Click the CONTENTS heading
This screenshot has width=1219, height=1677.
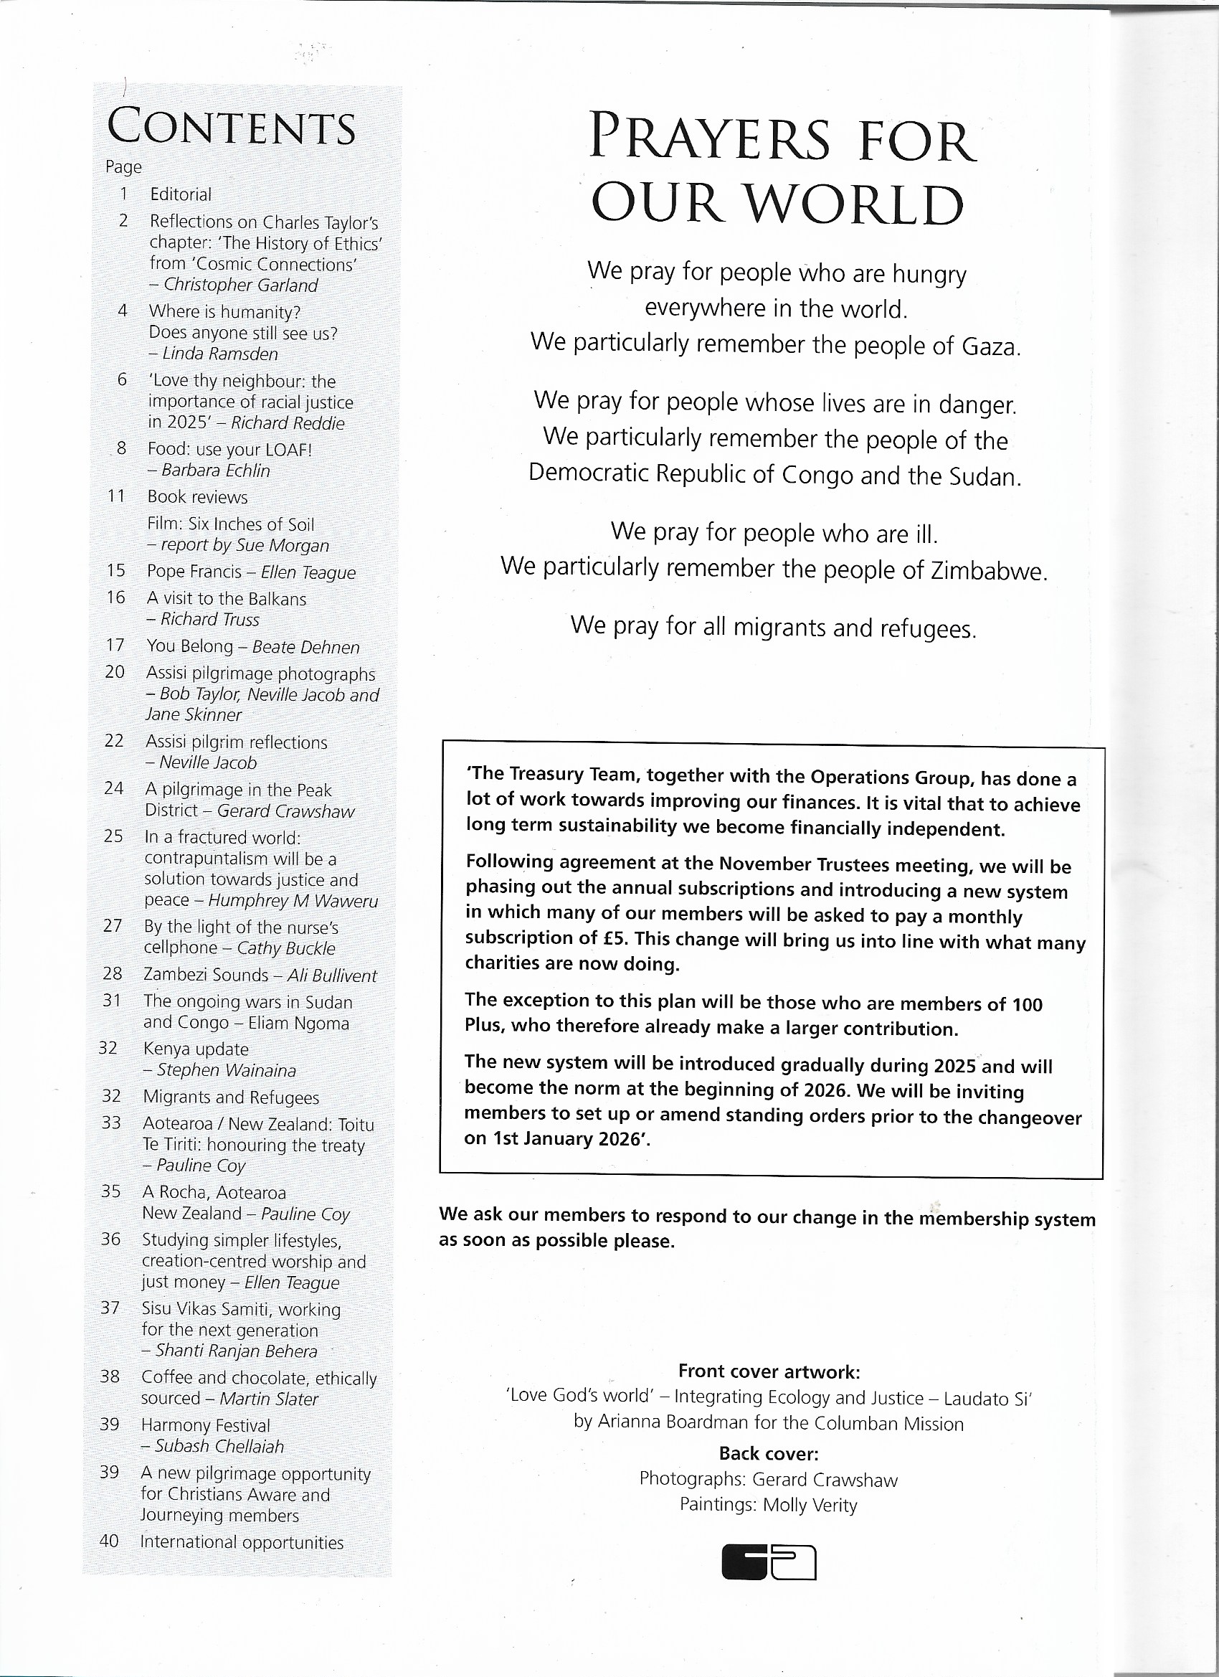[232, 127]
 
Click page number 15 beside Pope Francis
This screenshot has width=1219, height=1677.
[116, 571]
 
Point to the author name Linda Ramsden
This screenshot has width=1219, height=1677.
[219, 354]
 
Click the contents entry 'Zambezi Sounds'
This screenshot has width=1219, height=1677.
[206, 975]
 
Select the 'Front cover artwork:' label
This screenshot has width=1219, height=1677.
[769, 1371]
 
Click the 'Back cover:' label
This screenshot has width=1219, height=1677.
[769, 1454]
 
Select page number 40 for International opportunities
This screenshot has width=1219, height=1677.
[110, 1541]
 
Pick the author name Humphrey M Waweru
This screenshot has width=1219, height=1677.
[293, 901]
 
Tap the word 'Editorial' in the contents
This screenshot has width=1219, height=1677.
[181, 194]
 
